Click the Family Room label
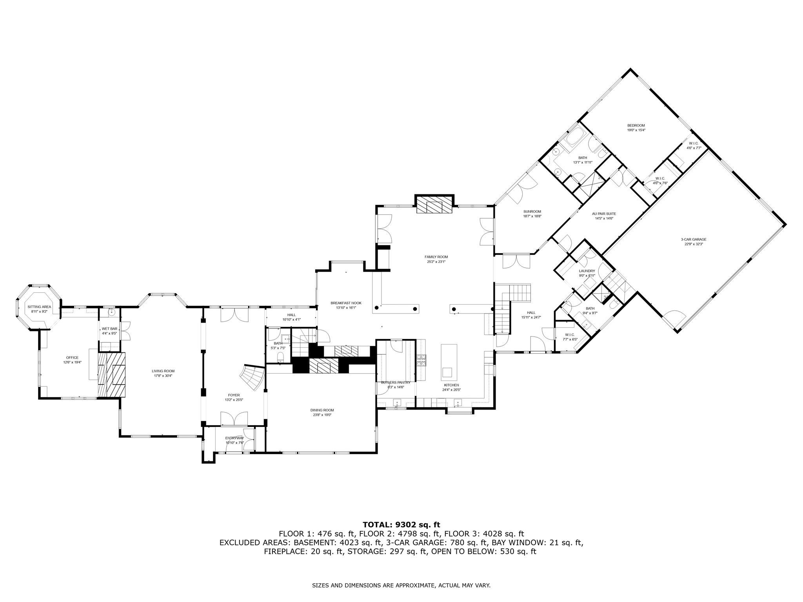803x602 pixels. pyautogui.click(x=436, y=257)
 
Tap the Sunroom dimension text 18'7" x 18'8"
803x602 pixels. pyautogui.click(x=532, y=216)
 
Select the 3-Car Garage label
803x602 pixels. pyautogui.click(x=694, y=239)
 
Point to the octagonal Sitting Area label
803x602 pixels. pyautogui.click(x=39, y=307)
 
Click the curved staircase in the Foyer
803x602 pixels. pyautogui.click(x=252, y=378)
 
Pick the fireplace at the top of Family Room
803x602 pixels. pyautogui.click(x=434, y=205)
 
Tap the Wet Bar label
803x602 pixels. pyautogui.click(x=109, y=328)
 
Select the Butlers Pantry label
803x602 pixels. pyautogui.click(x=396, y=382)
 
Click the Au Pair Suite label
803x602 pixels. pyautogui.click(x=604, y=214)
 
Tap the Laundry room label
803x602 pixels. pyautogui.click(x=587, y=271)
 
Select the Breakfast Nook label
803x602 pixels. pyautogui.click(x=346, y=303)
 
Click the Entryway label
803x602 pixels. pyautogui.click(x=234, y=438)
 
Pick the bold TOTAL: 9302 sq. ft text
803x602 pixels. pyautogui.click(x=401, y=524)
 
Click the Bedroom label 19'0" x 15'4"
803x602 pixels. pyautogui.click(x=636, y=125)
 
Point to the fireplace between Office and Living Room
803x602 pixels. pyautogui.click(x=112, y=375)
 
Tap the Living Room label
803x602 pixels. pyautogui.click(x=163, y=371)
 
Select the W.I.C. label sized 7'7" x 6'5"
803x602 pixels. pyautogui.click(x=570, y=334)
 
